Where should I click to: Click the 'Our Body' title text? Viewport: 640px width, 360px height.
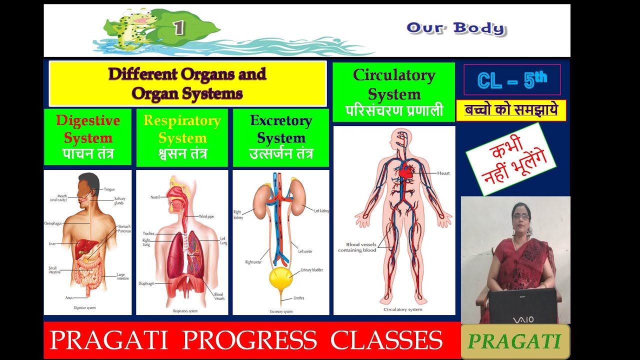tap(455, 28)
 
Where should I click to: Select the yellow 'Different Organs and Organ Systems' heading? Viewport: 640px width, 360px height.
tap(187, 83)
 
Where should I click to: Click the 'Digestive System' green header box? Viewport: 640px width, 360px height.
tap(88, 137)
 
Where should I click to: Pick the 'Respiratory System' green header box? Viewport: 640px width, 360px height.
tap(182, 137)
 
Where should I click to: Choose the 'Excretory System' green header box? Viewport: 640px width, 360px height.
tap(281, 137)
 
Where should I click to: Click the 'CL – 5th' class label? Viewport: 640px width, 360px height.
tap(512, 80)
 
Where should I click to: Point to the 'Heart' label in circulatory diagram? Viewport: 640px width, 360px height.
tap(443, 173)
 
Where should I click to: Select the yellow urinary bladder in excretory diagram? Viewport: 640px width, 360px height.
tap(280, 278)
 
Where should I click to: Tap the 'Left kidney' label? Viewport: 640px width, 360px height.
tap(321, 211)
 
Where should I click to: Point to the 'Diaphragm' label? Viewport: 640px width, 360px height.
tap(146, 283)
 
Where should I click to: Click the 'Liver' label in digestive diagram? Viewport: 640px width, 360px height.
tap(52, 243)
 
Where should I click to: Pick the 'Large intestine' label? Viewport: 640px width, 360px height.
tap(122, 276)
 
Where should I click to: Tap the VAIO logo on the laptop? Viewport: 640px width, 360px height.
tap(522, 319)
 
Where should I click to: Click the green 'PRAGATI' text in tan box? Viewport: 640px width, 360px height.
tap(514, 341)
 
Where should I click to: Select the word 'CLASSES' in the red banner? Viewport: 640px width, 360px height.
tap(386, 340)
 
